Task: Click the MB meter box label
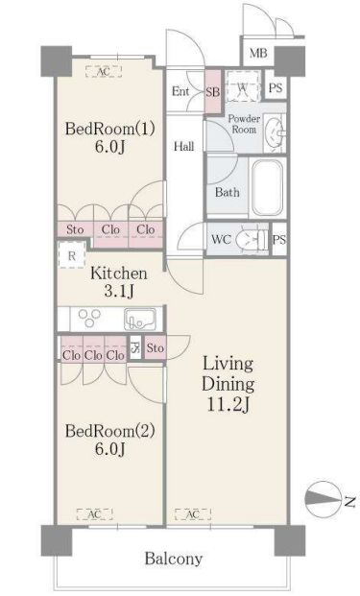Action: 258,53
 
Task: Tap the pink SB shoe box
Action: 213,91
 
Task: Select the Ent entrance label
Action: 180,91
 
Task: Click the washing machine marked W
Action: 243,86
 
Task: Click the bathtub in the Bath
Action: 268,187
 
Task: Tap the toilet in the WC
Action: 252,240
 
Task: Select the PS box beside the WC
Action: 279,240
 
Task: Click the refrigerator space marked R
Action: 71,255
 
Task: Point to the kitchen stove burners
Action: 89,318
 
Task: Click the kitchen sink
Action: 140,319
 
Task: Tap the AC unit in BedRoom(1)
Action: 104,71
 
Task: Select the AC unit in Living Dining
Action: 193,514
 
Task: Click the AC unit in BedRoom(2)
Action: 95,514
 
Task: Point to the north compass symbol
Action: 323,499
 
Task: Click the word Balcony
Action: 174,559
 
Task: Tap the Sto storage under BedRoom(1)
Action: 75,230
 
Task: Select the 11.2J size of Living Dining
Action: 228,404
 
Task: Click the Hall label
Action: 184,146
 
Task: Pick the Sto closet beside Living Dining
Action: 156,347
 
